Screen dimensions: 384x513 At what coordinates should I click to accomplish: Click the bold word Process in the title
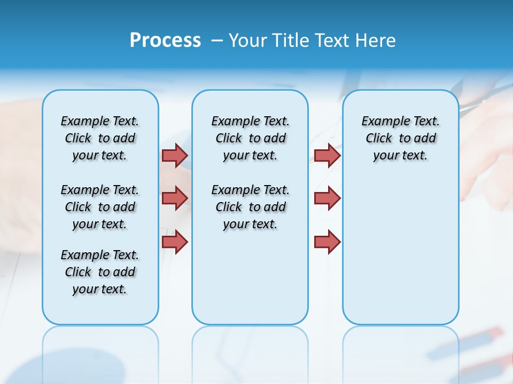[x=165, y=41]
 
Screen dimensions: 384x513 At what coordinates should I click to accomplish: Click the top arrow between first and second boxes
[x=175, y=155]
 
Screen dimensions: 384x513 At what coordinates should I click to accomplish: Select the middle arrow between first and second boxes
[x=175, y=198]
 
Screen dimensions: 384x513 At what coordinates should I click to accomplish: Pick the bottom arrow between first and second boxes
[x=175, y=242]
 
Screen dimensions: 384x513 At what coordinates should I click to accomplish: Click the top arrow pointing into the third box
[x=327, y=155]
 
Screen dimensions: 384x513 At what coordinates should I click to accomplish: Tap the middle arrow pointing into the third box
[x=327, y=198]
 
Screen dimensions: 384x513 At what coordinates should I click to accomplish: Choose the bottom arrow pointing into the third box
[x=327, y=242]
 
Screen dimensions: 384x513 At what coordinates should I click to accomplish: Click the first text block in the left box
[x=100, y=138]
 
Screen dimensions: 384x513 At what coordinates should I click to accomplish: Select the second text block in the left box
[x=100, y=207]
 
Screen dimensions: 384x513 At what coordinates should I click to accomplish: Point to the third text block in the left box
[x=100, y=272]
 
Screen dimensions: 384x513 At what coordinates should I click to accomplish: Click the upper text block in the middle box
[x=250, y=138]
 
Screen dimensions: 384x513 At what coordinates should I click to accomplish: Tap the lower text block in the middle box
[x=250, y=207]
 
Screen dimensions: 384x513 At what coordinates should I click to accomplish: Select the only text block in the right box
[x=400, y=138]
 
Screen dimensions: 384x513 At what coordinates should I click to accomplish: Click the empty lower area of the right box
[x=400, y=251]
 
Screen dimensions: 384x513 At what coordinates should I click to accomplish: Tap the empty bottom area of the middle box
[x=250, y=283]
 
